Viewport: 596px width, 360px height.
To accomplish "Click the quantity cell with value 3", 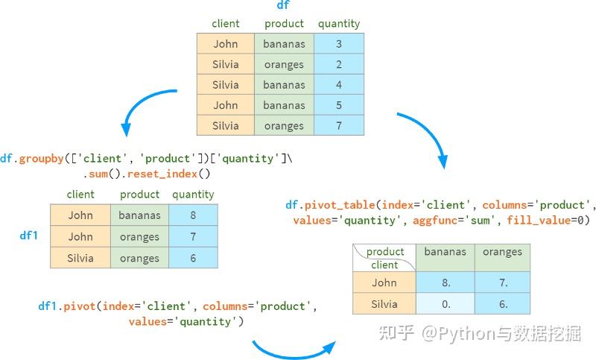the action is pos(339,44).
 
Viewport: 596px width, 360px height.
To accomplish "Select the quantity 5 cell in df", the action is pos(339,105).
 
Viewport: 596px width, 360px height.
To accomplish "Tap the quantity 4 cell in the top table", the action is pos(339,84).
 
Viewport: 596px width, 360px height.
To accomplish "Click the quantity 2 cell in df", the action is pos(339,64).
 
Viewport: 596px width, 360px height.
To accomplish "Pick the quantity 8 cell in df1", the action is pos(193,215).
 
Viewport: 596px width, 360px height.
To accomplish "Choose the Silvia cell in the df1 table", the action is pos(80,258).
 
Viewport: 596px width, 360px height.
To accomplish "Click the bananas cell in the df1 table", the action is pos(139,215).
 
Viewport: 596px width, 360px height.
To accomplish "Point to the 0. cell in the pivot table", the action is pos(446,304).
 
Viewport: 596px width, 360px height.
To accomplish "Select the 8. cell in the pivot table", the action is pos(446,282).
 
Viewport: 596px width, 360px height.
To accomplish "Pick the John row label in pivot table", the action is pos(384,282).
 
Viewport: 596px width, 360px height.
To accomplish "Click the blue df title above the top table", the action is pos(283,5).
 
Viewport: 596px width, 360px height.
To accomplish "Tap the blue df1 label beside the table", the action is pos(29,236).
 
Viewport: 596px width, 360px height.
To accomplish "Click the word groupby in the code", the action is pos(42,159).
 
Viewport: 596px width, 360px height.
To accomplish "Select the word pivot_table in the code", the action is pos(340,205).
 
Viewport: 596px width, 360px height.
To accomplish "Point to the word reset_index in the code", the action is pos(162,174).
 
